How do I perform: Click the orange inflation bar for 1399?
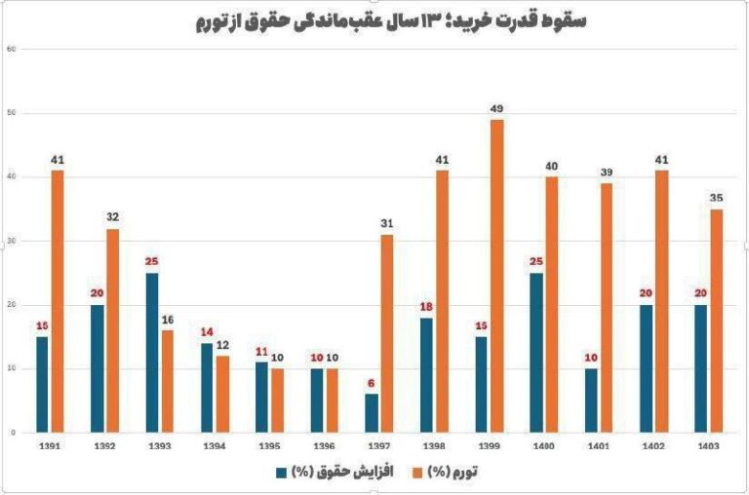coord(497,276)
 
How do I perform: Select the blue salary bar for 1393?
coord(151,353)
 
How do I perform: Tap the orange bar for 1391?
coord(58,301)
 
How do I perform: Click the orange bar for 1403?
coord(717,321)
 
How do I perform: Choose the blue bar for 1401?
coord(593,400)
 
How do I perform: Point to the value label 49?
coord(497,107)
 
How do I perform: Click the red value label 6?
coord(373,382)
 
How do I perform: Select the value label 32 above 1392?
coord(113,216)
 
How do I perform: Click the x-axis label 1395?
coord(269,447)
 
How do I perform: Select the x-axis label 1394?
coord(214,447)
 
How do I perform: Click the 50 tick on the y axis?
coord(12,113)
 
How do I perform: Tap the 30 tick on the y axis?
coord(12,241)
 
